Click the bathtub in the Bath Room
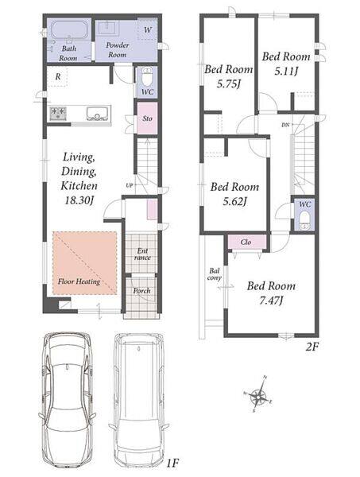click(x=70, y=30)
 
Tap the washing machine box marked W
click(x=148, y=29)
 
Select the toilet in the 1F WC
click(x=148, y=77)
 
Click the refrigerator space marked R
click(x=57, y=77)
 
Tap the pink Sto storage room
click(x=148, y=118)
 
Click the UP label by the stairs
click(x=130, y=185)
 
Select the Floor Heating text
click(x=79, y=281)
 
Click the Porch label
click(x=141, y=290)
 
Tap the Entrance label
click(x=142, y=254)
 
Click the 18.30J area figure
click(x=79, y=200)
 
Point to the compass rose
click(x=257, y=394)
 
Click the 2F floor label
click(x=312, y=347)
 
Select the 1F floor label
click(x=172, y=463)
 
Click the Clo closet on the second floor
click(x=246, y=242)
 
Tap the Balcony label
click(x=215, y=274)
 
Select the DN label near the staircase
click(x=285, y=125)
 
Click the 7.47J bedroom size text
click(x=271, y=301)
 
